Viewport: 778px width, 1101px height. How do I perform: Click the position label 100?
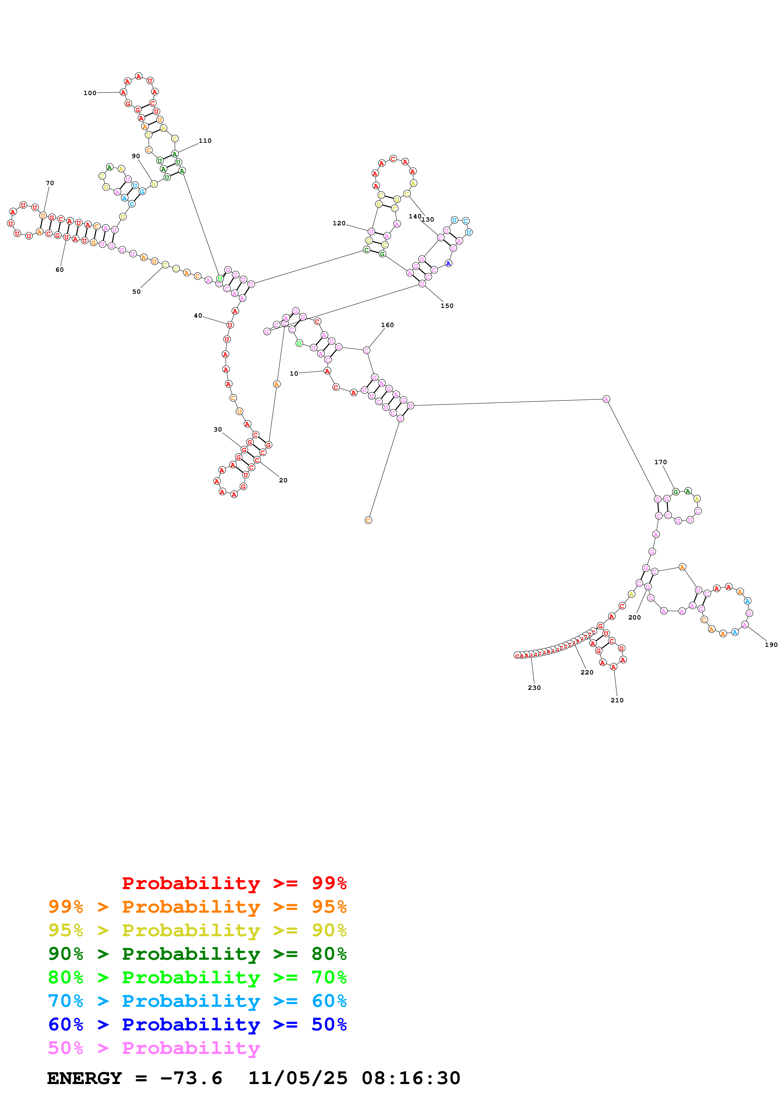click(90, 93)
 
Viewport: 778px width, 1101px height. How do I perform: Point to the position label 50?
click(137, 292)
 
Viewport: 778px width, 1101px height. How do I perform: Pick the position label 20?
click(283, 480)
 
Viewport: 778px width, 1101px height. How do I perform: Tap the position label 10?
click(294, 373)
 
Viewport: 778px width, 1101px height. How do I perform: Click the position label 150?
click(447, 305)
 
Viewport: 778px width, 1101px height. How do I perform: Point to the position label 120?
click(339, 223)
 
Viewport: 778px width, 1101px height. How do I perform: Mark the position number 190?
click(771, 644)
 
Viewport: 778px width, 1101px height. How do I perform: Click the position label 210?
click(617, 700)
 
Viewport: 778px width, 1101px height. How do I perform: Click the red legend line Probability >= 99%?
click(234, 883)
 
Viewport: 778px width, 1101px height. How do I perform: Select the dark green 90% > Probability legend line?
click(197, 954)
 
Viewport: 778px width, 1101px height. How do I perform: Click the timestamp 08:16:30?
click(411, 1078)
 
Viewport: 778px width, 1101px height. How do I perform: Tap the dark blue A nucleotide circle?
click(448, 263)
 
